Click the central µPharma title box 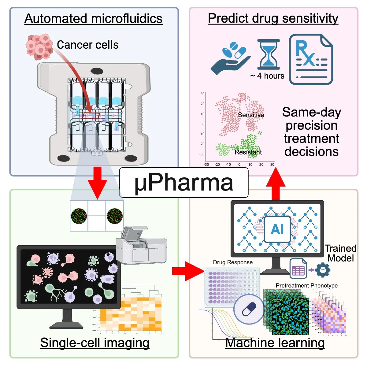(x=183, y=183)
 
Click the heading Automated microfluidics (x=93, y=18)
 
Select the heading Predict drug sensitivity (x=273, y=18)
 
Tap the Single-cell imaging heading (x=95, y=343)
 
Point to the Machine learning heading (x=275, y=343)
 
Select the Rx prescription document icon (x=311, y=59)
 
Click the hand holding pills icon (x=231, y=58)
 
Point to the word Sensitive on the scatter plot (x=251, y=115)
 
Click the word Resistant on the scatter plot (x=248, y=152)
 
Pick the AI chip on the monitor (x=277, y=229)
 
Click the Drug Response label (x=233, y=262)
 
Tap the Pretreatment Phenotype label (x=306, y=285)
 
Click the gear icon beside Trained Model (x=323, y=270)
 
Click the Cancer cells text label (x=87, y=45)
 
